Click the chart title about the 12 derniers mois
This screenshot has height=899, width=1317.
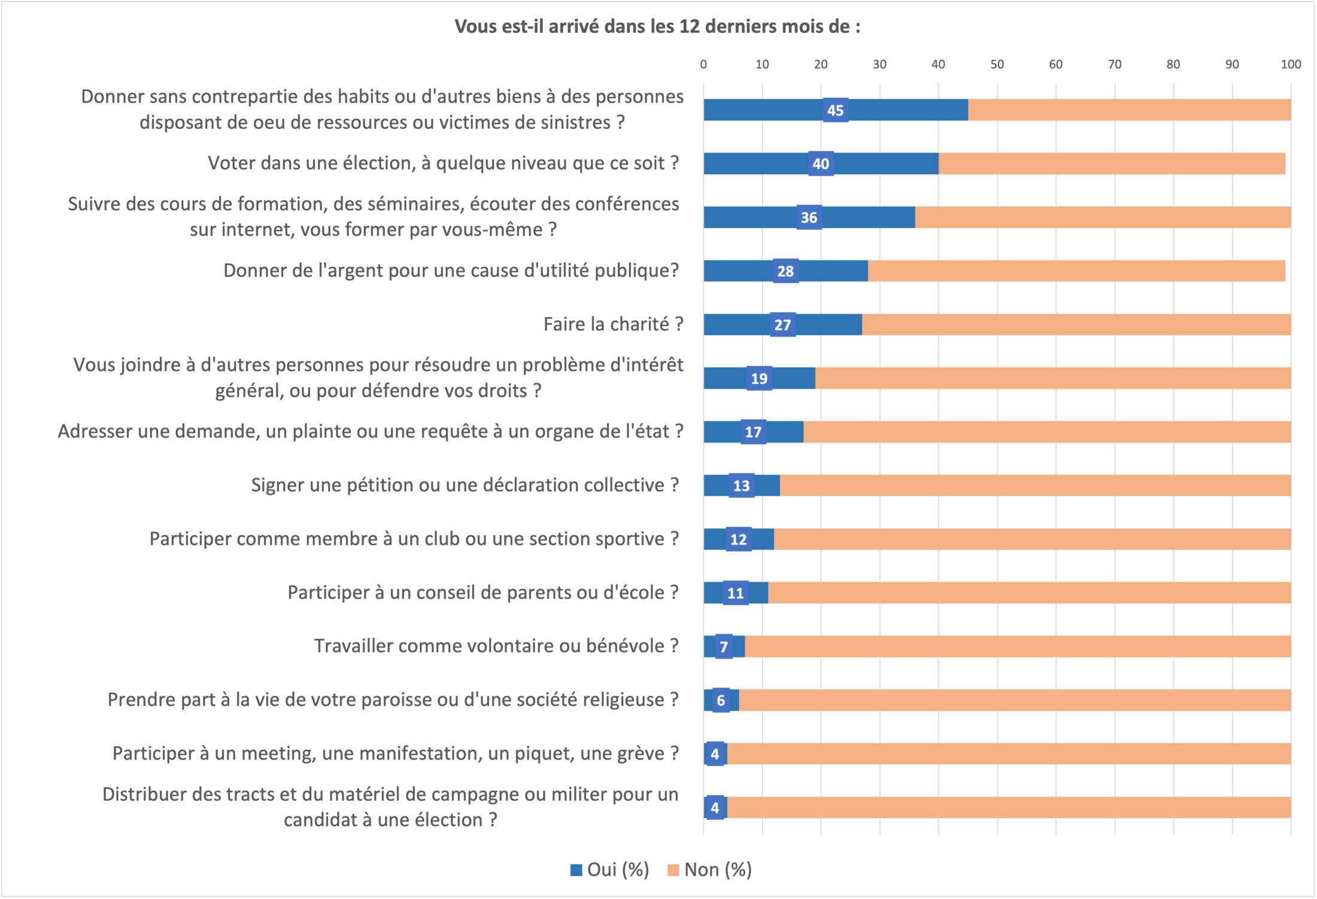coord(657,26)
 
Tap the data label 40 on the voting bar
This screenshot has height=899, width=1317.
coord(821,164)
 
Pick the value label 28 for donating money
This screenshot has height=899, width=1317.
coord(785,271)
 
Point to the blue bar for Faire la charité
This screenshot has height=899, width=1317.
coord(736,325)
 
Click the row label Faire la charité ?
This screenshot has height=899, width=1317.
coord(613,324)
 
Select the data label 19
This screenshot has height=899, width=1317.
coord(759,379)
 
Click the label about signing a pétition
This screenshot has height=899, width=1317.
coord(465,485)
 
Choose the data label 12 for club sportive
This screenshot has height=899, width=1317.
coord(739,540)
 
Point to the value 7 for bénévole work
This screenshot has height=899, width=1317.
coord(724,647)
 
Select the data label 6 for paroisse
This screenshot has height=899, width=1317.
coord(721,700)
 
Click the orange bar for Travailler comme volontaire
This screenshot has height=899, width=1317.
coord(1018,646)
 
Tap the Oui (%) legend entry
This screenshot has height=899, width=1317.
coord(610,870)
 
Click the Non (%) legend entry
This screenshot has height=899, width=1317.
coord(710,870)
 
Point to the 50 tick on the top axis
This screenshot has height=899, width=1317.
coord(997,64)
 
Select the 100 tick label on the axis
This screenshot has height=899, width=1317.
coord(1291,64)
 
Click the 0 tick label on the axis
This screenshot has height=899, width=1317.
coord(703,64)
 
